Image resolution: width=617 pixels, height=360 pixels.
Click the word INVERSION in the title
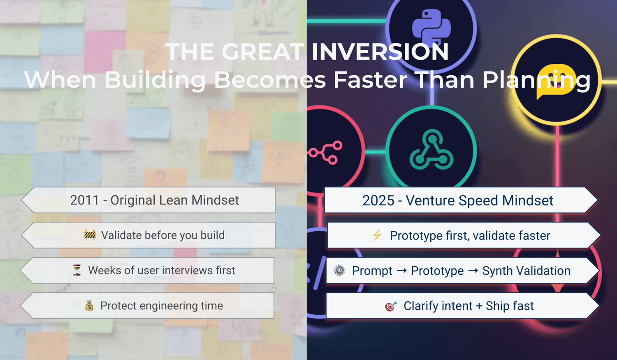pos(380,51)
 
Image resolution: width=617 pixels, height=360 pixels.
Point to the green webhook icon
pos(431,150)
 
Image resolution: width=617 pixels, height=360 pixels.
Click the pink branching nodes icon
pos(325,152)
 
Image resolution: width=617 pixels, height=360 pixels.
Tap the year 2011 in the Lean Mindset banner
pos(84,200)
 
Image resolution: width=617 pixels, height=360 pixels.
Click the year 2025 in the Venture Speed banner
pos(378,200)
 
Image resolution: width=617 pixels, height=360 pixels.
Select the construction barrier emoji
pos(90,235)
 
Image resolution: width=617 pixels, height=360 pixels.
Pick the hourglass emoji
pos(77,270)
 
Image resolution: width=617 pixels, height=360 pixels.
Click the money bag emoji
pos(89,305)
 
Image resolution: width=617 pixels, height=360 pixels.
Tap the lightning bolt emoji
pos(377,235)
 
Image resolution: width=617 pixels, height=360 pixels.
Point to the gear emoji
pos(339,270)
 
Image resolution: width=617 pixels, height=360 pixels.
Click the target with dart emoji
pos(391,306)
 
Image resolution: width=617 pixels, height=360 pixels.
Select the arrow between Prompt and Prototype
pos(401,271)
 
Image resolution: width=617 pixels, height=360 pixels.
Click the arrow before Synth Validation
pos(473,271)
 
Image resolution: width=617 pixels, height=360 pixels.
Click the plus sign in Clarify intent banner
pos(479,306)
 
